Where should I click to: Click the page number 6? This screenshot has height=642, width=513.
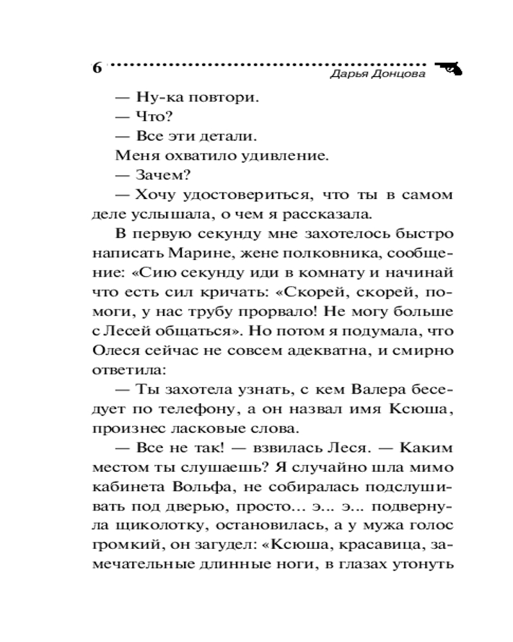click(x=97, y=68)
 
